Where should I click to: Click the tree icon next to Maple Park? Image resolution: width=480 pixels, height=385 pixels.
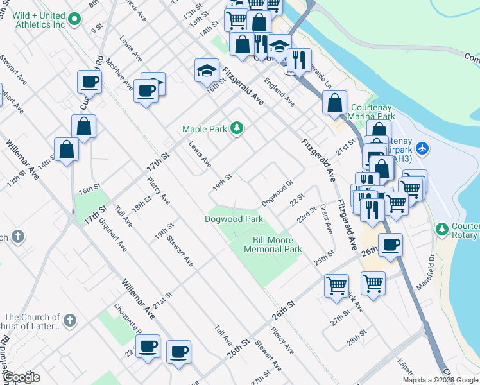237,128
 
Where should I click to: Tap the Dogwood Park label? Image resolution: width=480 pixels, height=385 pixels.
234,219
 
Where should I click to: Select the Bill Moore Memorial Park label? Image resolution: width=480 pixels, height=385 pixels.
273,244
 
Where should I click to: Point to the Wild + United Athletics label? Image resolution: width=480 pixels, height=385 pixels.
39,20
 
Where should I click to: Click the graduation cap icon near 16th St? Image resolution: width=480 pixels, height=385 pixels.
207,70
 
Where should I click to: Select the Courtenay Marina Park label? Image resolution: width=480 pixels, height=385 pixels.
372,112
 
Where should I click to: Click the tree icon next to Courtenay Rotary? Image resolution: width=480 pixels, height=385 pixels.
441,229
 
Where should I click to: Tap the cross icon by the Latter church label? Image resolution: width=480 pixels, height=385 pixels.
70,320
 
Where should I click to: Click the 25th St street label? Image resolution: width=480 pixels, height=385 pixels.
324,257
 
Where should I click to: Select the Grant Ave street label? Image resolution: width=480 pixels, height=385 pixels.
326,221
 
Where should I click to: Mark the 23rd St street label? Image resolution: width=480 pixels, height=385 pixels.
307,214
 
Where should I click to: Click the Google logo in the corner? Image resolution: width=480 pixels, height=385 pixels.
21,377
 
